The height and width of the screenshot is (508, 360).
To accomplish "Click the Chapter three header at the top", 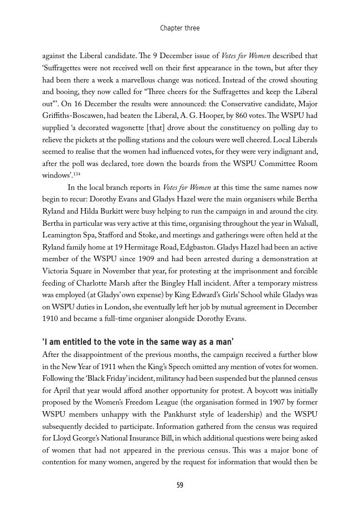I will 179,28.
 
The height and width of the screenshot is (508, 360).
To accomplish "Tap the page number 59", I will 179,485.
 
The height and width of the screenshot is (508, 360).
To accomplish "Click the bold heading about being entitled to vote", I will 138,341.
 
